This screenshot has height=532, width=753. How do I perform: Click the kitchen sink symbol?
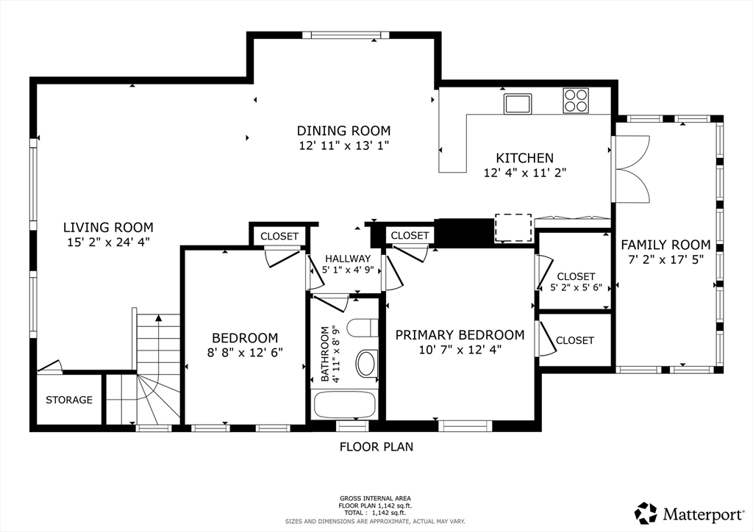pos(517,104)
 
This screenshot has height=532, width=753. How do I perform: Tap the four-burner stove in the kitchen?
pos(576,101)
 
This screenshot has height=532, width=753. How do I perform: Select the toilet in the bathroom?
pos(363,328)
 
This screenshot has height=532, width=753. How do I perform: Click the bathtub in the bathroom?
pos(344,405)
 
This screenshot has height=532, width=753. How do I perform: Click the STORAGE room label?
pos(69,400)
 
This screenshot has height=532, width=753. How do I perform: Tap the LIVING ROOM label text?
pos(109,227)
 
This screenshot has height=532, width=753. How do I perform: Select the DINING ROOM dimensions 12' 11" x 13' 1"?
pos(344,145)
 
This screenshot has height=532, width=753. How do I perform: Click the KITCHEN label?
pos(525,158)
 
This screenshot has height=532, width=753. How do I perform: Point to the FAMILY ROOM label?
pos(665,245)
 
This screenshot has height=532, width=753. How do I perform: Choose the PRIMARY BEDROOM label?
pos(460,335)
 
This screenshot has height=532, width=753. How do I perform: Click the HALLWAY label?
pos(348,259)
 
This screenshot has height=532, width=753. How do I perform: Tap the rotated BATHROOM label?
pos(325,354)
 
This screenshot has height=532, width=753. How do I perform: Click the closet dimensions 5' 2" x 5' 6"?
pos(577,288)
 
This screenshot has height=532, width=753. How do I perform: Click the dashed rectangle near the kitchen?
pos(513,228)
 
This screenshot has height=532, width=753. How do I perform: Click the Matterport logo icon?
pos(646,514)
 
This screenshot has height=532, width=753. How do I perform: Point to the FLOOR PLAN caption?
pos(376,447)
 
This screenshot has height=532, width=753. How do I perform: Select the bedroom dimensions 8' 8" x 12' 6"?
pos(245,353)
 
